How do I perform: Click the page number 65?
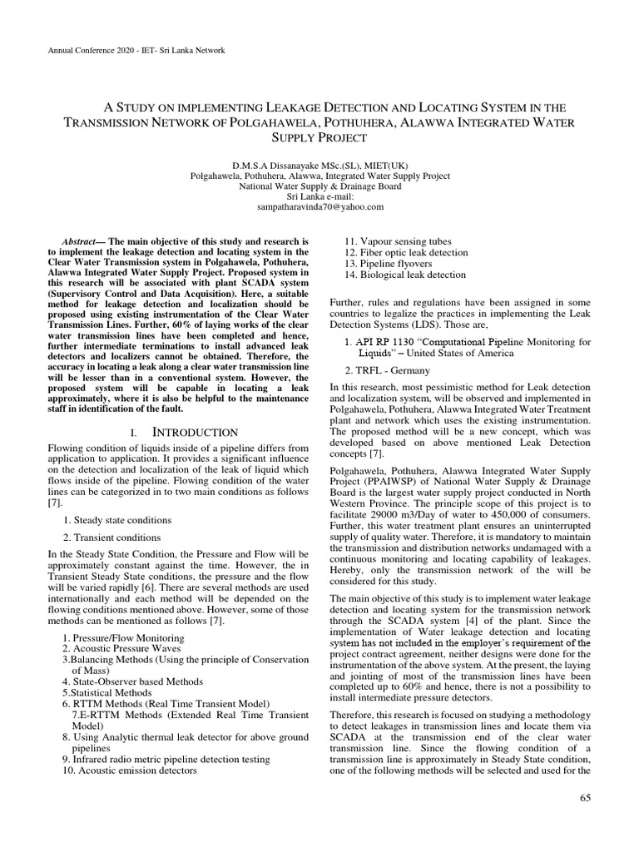(x=582, y=800)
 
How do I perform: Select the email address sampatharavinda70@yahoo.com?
(x=319, y=206)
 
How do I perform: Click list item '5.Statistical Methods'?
(x=111, y=691)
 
